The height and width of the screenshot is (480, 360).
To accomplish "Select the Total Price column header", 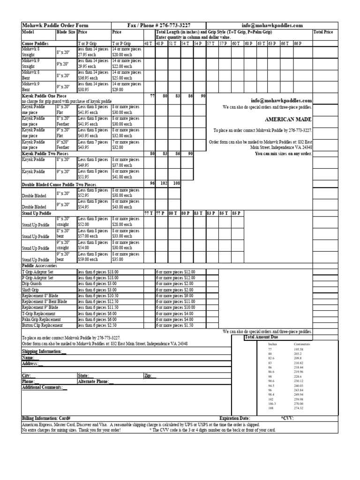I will point(323,32).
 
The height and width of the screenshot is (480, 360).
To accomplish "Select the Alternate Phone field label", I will point(96,382).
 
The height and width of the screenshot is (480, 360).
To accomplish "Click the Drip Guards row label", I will point(33,284).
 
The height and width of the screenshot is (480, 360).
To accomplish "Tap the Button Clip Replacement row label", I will point(42,325).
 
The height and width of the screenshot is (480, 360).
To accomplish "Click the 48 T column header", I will point(148,43).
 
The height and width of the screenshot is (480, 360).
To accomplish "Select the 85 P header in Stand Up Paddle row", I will point(236,213).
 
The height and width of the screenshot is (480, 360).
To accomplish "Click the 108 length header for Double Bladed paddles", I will point(175,183).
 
